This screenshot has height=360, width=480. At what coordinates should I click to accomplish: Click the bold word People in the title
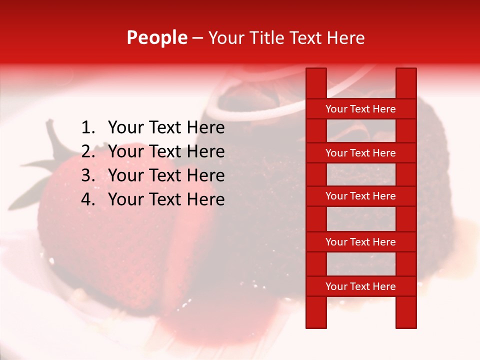tap(157, 38)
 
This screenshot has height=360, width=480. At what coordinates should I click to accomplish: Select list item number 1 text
tap(166, 128)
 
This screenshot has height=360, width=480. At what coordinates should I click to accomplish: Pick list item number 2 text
tap(166, 151)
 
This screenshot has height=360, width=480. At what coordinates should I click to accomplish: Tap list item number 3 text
tap(166, 175)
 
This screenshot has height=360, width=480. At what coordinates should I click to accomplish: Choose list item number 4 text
tap(166, 199)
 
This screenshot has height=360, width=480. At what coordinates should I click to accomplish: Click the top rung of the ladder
tap(360, 109)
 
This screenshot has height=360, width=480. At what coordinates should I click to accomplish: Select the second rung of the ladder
tap(360, 153)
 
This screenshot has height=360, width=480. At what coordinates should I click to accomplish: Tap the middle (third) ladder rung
tap(360, 196)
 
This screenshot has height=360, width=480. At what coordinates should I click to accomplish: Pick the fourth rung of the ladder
tap(360, 242)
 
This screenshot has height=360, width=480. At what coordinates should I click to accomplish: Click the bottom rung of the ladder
tap(360, 286)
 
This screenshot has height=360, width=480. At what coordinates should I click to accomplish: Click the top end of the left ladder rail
tap(316, 75)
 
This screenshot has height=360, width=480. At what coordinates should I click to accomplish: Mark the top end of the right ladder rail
tap(406, 75)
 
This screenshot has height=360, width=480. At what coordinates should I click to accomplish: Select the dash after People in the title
tap(197, 38)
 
